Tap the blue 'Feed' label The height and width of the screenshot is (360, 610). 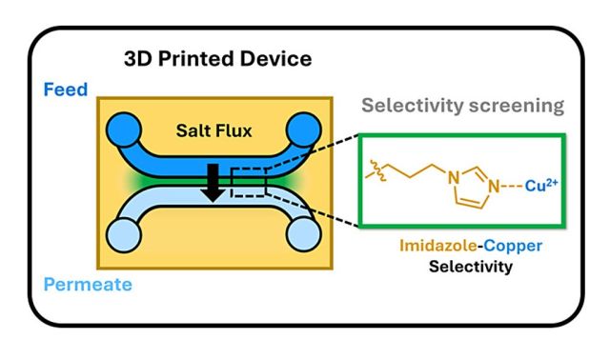(x=64, y=91)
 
